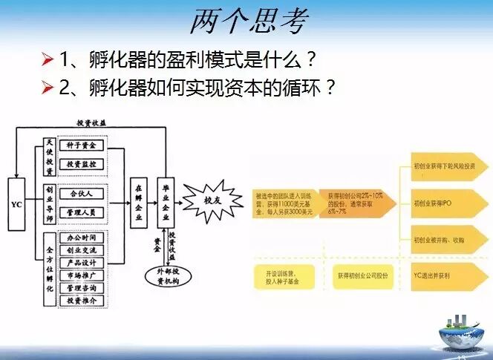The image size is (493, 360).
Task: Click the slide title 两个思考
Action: coord(247,22)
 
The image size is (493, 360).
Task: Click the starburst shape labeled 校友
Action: coord(212,199)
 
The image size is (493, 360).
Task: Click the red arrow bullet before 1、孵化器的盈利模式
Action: coord(48,57)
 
